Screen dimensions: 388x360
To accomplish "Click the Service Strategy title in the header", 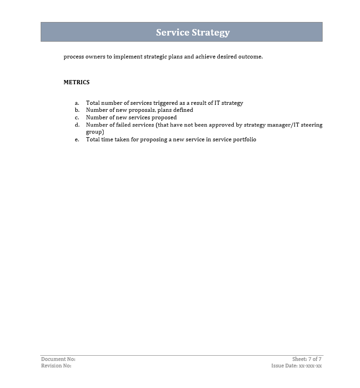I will click(193, 32).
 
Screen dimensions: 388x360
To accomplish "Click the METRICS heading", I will click(77, 82).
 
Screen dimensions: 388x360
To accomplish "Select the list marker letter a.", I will click(77, 103).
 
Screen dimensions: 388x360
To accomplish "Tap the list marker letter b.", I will click(77, 110).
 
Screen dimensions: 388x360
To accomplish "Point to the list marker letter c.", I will click(77, 117).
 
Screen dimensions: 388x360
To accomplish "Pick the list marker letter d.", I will click(77, 125).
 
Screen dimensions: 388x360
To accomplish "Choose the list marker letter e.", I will click(77, 139).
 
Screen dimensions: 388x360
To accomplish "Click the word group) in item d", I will click(95, 132).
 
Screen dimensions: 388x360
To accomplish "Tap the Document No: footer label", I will click(58, 359).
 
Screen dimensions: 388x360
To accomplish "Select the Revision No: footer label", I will click(56, 366).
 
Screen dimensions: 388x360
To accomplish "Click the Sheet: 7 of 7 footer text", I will click(307, 359).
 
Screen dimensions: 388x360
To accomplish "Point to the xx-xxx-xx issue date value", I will click(310, 366).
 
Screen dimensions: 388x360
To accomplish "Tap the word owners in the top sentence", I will click(95, 57).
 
